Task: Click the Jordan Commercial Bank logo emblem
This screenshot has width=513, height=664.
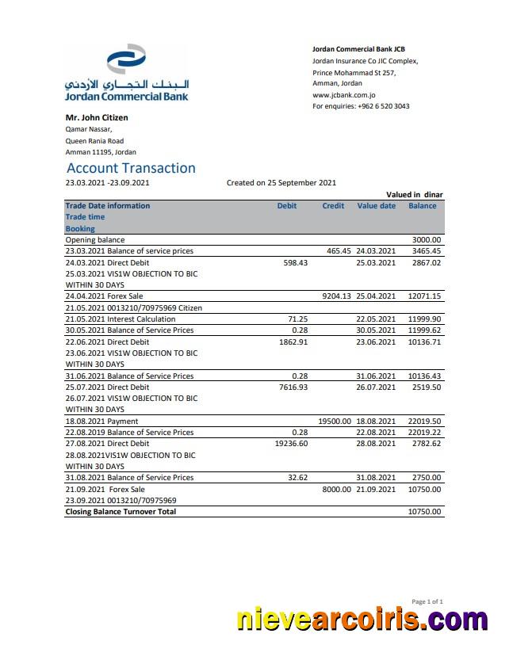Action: [x=126, y=60]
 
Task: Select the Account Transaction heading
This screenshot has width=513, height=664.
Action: [x=131, y=168]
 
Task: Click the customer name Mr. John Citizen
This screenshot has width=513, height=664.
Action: [x=97, y=117]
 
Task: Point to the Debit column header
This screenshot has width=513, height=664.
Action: [x=287, y=206]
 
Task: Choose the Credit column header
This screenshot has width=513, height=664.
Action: [x=333, y=206]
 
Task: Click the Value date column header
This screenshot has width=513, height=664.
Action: [x=377, y=206]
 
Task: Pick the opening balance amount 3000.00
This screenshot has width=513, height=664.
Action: [x=427, y=239]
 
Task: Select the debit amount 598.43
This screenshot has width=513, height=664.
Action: [x=295, y=262]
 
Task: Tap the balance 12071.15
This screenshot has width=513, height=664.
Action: [x=424, y=296]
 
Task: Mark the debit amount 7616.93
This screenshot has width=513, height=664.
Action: [x=293, y=387]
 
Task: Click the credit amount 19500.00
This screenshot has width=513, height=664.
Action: [x=334, y=422]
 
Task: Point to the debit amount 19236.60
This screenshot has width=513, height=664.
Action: [x=291, y=444]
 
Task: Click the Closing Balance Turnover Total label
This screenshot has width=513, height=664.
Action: [x=121, y=512]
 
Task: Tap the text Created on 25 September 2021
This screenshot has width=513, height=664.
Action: [x=281, y=183]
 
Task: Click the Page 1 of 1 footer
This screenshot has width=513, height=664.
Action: [x=427, y=602]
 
